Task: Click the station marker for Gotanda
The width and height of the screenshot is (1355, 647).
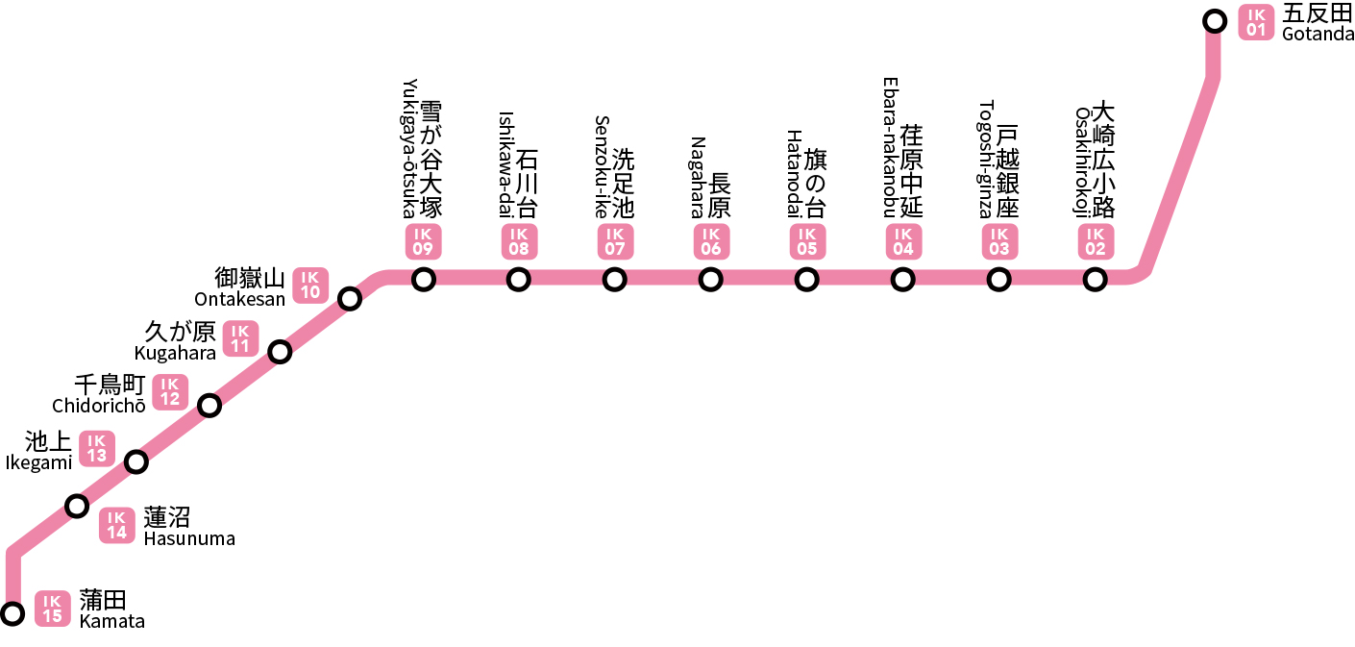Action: (1214, 22)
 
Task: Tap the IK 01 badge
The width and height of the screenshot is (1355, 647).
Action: (1256, 22)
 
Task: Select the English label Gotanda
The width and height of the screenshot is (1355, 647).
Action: (1318, 35)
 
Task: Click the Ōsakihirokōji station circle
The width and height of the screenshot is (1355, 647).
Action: (1095, 280)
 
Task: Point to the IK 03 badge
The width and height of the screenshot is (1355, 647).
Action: (999, 241)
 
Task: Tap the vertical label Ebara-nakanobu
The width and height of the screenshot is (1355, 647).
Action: (890, 147)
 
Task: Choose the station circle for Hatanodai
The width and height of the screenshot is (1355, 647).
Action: (806, 280)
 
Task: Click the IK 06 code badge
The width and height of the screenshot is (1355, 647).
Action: (711, 241)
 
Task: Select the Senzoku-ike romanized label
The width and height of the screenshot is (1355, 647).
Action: (602, 167)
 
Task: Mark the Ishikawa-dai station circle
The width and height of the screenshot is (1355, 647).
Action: (518, 280)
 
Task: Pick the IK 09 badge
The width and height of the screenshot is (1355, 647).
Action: (423, 241)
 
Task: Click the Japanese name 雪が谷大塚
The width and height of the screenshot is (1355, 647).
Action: (431, 160)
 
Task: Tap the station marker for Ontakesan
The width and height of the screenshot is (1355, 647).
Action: (350, 299)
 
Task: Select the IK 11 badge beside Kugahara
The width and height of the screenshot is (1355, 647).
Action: (240, 339)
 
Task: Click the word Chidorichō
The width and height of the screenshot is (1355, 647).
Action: (99, 406)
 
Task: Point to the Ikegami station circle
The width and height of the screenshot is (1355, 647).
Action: (136, 462)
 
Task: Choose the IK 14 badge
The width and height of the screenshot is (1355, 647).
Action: (116, 525)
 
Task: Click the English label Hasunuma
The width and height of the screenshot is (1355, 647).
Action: (189, 538)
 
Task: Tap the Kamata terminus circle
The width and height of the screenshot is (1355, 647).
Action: (12, 613)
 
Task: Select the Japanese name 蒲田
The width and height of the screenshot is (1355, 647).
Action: (103, 601)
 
